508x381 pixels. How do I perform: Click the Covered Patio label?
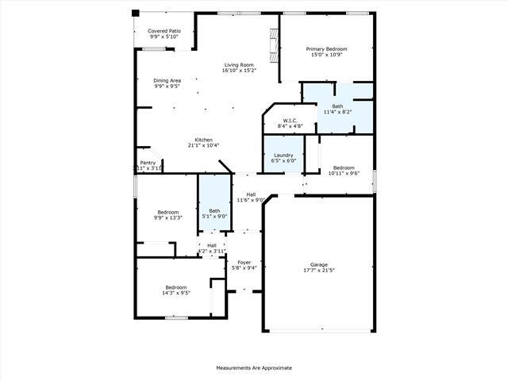(164, 31)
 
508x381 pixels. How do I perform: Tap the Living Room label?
(239, 65)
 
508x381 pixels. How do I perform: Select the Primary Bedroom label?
(326, 49)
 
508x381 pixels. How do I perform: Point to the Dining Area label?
(167, 80)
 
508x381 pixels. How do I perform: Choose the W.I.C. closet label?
(290, 121)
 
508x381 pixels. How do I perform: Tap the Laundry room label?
(284, 155)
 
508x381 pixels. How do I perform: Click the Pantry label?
(148, 163)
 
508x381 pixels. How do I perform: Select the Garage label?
(318, 264)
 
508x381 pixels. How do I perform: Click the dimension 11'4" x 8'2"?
(337, 112)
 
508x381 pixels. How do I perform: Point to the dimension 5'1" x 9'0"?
(214, 216)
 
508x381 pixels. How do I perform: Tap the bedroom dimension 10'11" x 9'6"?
(344, 173)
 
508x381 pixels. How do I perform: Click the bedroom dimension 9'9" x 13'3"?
(167, 217)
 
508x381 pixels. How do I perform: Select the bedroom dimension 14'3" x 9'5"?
(175, 292)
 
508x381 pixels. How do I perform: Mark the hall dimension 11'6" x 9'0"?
(250, 200)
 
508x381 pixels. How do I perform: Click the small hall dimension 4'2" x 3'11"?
(212, 251)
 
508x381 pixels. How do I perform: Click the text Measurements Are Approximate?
(254, 368)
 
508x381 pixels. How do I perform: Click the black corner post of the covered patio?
(135, 13)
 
